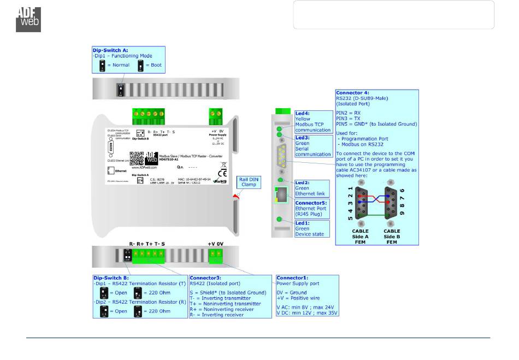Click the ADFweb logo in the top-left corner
(28, 19)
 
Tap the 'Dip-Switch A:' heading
(110, 50)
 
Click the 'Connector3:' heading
(205, 278)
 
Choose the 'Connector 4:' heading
(353, 93)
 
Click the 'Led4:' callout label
(302, 113)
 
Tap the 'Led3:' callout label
(302, 138)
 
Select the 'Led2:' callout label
(302, 182)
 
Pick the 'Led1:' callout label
(302, 223)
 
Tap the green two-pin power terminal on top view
(214, 116)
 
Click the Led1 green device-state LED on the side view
(280, 220)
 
